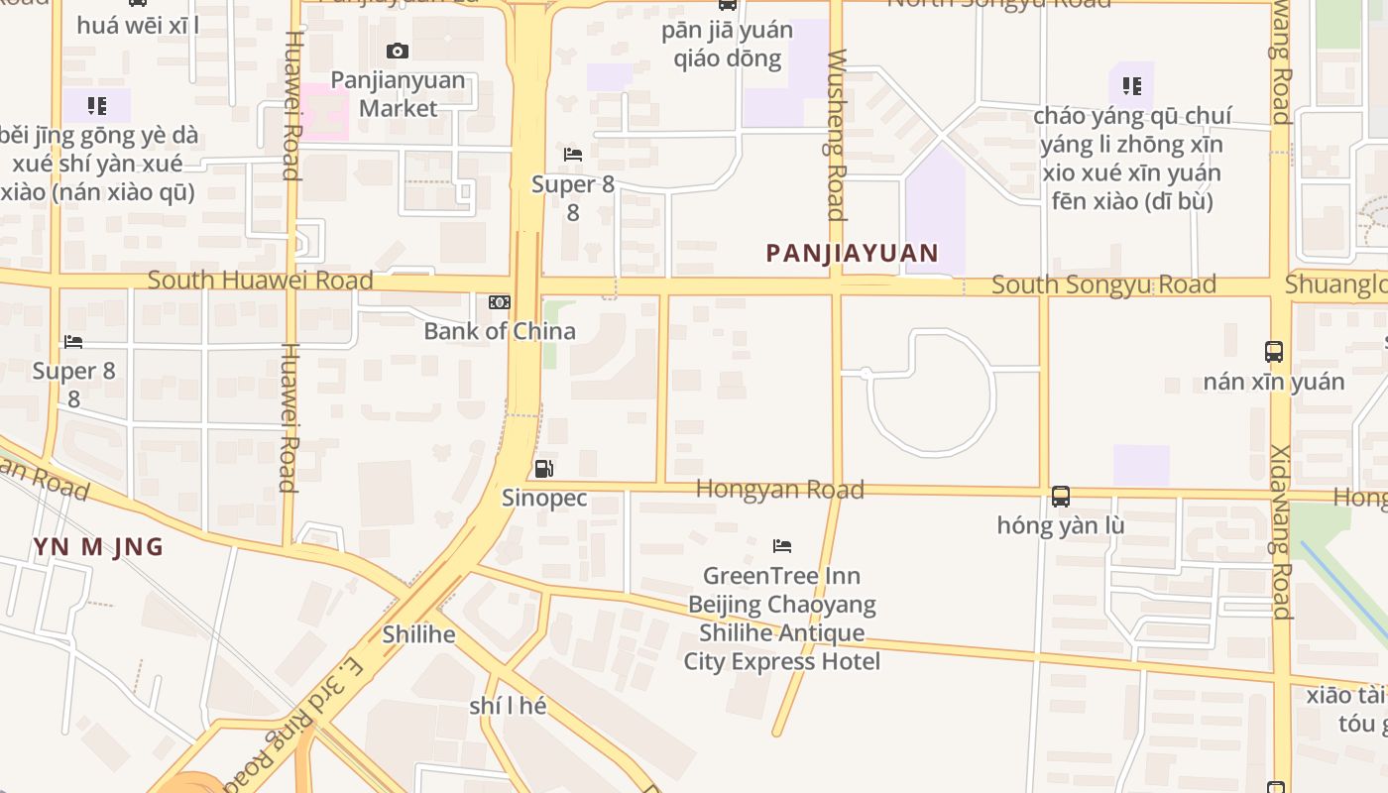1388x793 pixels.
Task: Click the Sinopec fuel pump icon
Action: [543, 469]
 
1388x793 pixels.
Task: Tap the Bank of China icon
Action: [500, 302]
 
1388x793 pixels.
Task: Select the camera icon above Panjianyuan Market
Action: [398, 51]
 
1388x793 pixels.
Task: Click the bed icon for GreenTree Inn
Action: [782, 546]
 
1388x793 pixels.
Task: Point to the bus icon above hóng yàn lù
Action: [1061, 496]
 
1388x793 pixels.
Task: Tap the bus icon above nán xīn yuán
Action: [1274, 351]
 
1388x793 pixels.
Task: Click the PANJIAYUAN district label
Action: [852, 253]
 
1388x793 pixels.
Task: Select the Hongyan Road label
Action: [779, 489]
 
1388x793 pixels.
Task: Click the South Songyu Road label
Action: [1103, 285]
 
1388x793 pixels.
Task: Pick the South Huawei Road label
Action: [260, 281]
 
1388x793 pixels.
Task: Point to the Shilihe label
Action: [418, 634]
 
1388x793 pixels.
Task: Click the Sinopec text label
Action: [544, 498]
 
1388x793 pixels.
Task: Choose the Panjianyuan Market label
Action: [398, 93]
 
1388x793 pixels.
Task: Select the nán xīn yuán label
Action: [1274, 382]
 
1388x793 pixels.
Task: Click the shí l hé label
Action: [508, 707]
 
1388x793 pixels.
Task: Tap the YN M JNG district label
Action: [98, 547]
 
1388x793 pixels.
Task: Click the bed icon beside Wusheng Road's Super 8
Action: [572, 155]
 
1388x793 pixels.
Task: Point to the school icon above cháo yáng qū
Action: [1131, 86]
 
